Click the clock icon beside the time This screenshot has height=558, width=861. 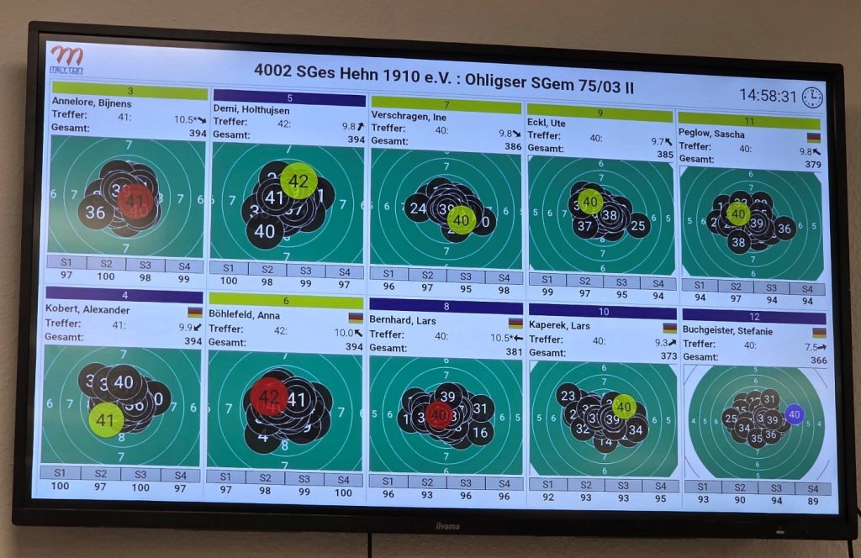pyautogui.click(x=811, y=97)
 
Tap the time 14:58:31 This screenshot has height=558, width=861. pyautogui.click(x=767, y=96)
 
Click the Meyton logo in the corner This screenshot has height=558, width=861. pyautogui.click(x=66, y=60)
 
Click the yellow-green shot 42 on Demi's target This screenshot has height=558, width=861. pyautogui.click(x=298, y=180)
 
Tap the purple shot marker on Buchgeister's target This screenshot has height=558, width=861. pyautogui.click(x=794, y=413)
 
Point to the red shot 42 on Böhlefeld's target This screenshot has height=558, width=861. pyautogui.click(x=269, y=396)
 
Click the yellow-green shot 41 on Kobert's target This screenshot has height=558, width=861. pyautogui.click(x=106, y=418)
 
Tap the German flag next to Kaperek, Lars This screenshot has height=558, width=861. pyautogui.click(x=669, y=328)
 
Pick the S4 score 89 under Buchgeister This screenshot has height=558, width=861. pyautogui.click(x=811, y=501)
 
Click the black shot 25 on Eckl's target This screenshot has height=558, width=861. pyautogui.click(x=638, y=225)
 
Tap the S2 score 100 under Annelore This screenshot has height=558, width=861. pyautogui.click(x=105, y=276)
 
